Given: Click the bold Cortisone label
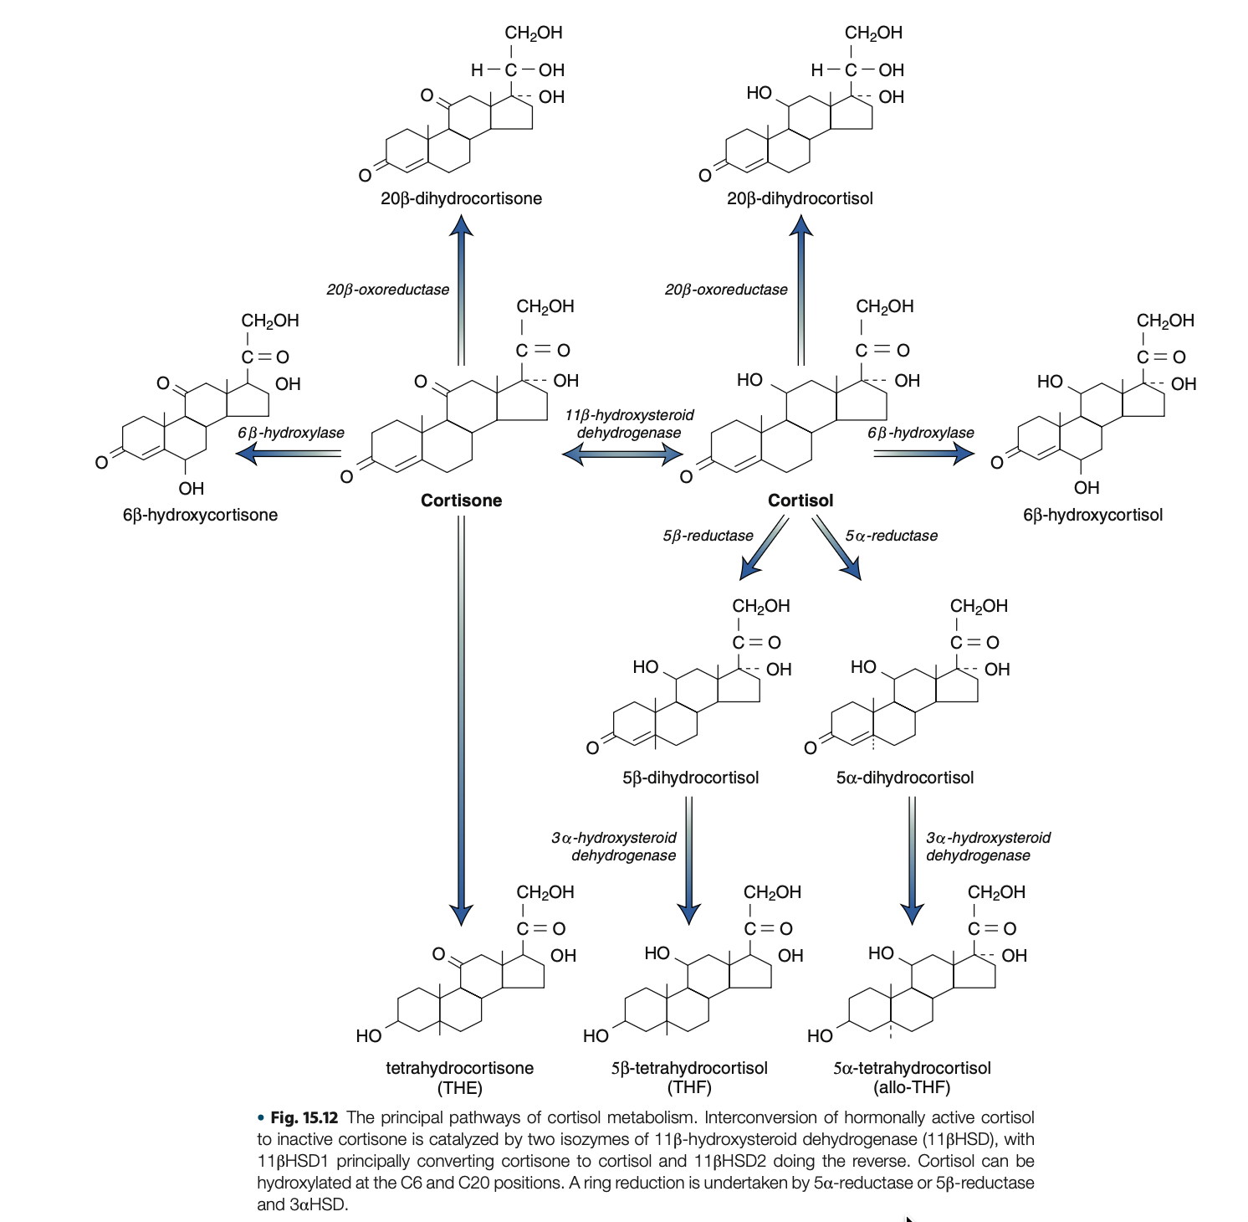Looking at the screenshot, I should coord(461,501).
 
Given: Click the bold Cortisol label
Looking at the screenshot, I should coord(800,501).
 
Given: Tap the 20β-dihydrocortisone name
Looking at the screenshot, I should coord(461,198).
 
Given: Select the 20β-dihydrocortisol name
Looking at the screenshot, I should coord(800,198).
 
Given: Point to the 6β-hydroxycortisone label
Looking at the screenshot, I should coord(200,515).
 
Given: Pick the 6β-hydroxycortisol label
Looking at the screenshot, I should coord(1092,515).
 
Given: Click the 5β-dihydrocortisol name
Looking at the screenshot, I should coord(690,778).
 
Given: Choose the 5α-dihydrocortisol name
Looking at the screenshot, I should coord(905,778).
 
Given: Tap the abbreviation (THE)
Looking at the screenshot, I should coord(459,1087).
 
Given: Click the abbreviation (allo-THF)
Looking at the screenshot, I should coord(912,1087).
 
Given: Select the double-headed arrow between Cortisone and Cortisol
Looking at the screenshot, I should coord(623,454).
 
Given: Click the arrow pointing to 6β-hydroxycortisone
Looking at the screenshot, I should coord(288,454).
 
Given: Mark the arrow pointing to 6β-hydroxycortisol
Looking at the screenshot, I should coord(924,454).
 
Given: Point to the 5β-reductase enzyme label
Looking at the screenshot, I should coord(708,536).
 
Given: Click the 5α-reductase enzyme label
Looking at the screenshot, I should coord(891,536).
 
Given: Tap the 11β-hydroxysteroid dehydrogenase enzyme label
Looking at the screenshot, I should coord(629,424).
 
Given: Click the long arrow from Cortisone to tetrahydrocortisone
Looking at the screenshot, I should coord(461,720).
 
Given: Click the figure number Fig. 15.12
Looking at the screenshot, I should coord(304,1117).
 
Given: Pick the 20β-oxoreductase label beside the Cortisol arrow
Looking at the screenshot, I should coord(726,290).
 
